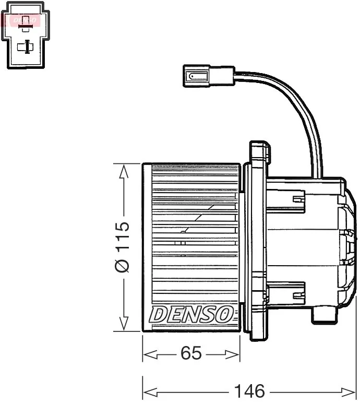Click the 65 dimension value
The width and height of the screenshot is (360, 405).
click(x=191, y=353)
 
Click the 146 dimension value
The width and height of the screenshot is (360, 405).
click(x=249, y=391)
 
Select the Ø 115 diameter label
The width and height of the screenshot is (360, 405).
click(x=122, y=247)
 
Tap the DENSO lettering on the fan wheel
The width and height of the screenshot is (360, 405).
click(x=191, y=314)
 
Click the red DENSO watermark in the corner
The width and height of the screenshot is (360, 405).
click(x=25, y=20)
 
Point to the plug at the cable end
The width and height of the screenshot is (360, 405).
click(x=209, y=76)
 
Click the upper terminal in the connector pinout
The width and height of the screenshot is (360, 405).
click(x=26, y=24)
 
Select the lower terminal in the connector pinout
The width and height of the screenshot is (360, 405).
click(x=26, y=47)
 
